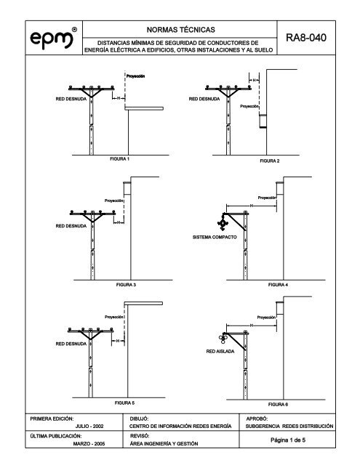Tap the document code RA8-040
point(306,38)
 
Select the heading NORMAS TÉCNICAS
point(181,30)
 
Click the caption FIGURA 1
point(119,159)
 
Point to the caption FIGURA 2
point(270,161)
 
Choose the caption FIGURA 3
point(126,285)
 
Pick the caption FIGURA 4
point(278,285)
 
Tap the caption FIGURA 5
point(124,403)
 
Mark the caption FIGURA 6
point(278,405)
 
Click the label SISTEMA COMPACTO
point(215,238)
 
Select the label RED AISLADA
point(220,352)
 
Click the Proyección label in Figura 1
point(135,76)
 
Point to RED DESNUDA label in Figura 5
point(71,344)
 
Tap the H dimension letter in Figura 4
point(252,206)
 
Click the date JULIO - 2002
point(89,426)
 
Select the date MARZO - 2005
point(89,444)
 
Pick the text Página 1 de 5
point(288,440)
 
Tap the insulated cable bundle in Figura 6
point(223,338)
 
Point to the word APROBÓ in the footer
point(257,418)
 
